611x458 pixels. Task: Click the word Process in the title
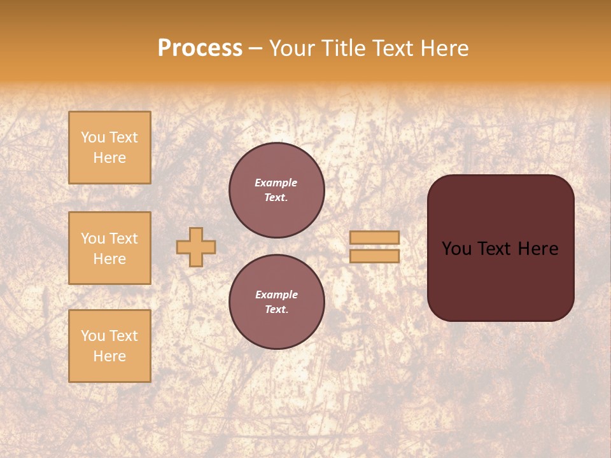(x=200, y=48)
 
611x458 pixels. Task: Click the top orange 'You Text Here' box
(x=109, y=148)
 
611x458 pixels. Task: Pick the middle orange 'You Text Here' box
(x=109, y=248)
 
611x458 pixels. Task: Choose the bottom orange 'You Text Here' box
(x=109, y=345)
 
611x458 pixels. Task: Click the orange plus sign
(x=196, y=247)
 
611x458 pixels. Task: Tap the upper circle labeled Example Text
(x=276, y=190)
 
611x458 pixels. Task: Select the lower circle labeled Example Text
(x=276, y=302)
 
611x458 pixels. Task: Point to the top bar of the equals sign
(x=374, y=238)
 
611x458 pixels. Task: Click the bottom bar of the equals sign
(x=374, y=256)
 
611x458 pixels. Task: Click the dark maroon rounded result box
(x=500, y=280)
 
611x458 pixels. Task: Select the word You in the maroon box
(x=456, y=249)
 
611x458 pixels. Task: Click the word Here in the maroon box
(x=538, y=249)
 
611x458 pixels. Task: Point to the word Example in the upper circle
(x=276, y=183)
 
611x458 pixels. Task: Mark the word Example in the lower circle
(x=276, y=295)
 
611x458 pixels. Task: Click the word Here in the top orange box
(x=109, y=158)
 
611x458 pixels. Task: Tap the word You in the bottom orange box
(x=93, y=336)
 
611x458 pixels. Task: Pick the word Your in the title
(x=291, y=48)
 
